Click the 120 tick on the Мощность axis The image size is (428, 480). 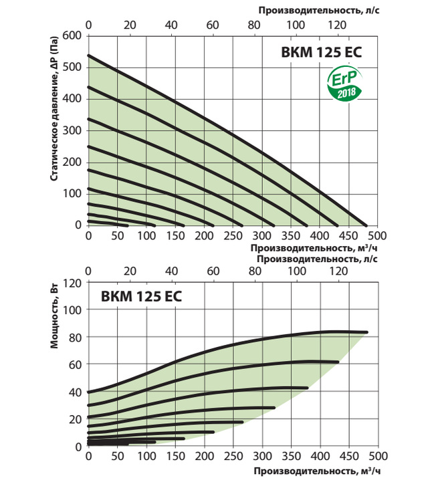pyautogui.click(x=72, y=282)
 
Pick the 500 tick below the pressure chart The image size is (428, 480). pyautogui.click(x=377, y=237)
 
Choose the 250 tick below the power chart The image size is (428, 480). pyautogui.click(x=233, y=457)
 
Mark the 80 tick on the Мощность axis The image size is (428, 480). pyautogui.click(x=75, y=337)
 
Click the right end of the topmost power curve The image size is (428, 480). pyautogui.click(x=366, y=332)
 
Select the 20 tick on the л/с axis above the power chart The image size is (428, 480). pyautogui.click(x=130, y=271)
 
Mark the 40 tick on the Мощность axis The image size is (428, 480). pyautogui.click(x=75, y=392)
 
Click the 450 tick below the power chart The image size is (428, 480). pyautogui.click(x=348, y=457)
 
